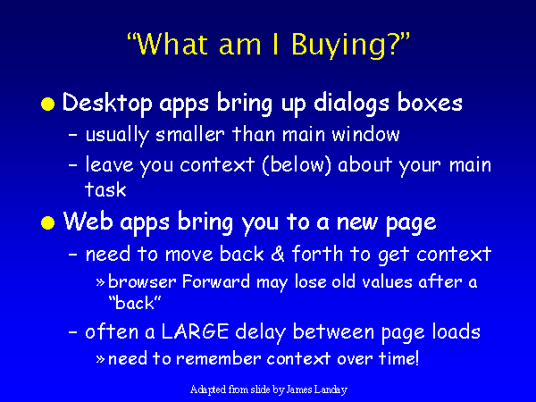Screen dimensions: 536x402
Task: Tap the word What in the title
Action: click(173, 44)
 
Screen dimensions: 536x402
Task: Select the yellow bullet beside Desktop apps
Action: click(48, 104)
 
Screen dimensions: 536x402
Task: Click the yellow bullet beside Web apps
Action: click(48, 223)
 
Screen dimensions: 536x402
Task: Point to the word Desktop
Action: click(107, 103)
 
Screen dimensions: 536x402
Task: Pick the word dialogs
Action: click(351, 103)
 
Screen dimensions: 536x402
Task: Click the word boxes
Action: click(430, 103)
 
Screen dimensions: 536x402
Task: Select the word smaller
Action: click(190, 134)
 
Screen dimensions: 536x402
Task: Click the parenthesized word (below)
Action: click(297, 164)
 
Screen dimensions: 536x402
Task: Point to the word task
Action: click(105, 189)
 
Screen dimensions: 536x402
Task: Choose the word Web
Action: click(88, 222)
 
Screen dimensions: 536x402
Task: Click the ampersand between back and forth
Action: click(278, 254)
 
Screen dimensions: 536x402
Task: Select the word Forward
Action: click(216, 281)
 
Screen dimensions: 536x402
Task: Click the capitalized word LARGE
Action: click(195, 331)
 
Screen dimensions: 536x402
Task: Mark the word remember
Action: click(219, 358)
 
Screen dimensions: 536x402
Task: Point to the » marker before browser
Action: click(100, 282)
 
